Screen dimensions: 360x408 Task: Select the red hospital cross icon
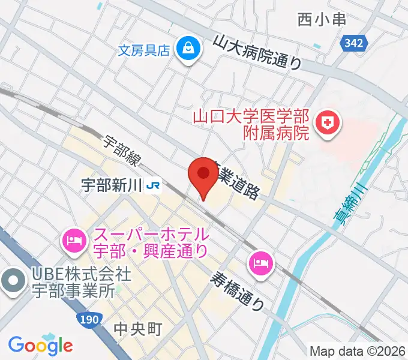328,124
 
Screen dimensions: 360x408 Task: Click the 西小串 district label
322,20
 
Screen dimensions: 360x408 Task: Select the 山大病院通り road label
258,52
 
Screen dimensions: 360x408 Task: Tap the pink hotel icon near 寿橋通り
261,262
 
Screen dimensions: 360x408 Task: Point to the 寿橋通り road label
237,290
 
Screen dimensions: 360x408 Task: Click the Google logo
40,346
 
